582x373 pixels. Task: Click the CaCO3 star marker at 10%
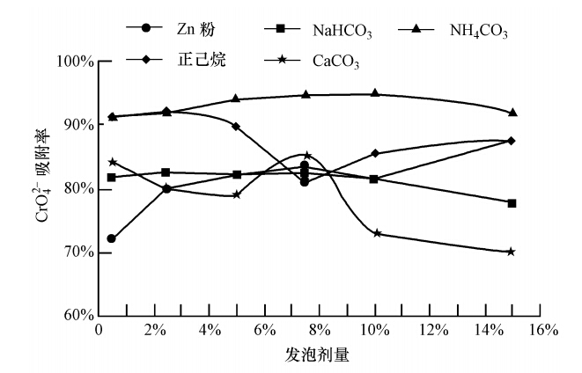click(376, 233)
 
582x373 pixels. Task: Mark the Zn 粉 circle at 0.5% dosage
click(112, 238)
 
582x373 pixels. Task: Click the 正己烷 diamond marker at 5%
click(236, 127)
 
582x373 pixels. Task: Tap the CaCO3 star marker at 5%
click(236, 194)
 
